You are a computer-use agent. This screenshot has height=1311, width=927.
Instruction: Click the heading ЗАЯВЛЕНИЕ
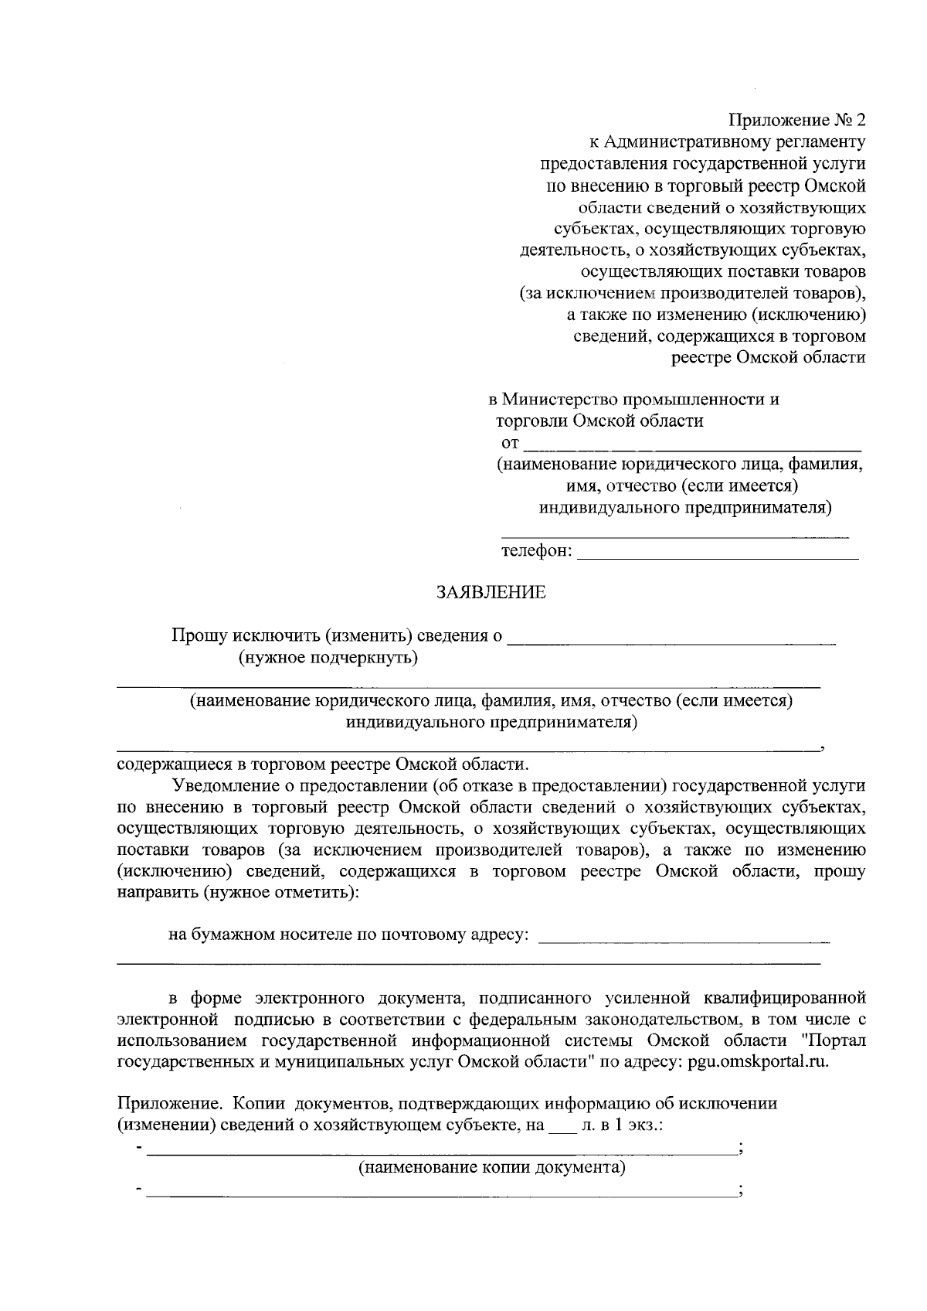coord(491,593)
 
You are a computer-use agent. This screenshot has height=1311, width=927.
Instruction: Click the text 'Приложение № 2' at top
coord(797,121)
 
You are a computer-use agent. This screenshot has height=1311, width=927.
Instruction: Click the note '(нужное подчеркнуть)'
coord(328,658)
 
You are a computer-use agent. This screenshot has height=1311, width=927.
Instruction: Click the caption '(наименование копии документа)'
coord(491,1167)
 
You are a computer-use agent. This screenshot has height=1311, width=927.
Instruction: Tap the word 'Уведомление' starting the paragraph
coord(224,785)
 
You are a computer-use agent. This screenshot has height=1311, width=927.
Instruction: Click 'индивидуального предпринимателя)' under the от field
coord(685,508)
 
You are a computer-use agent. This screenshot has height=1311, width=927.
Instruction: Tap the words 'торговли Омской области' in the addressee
coord(599,421)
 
